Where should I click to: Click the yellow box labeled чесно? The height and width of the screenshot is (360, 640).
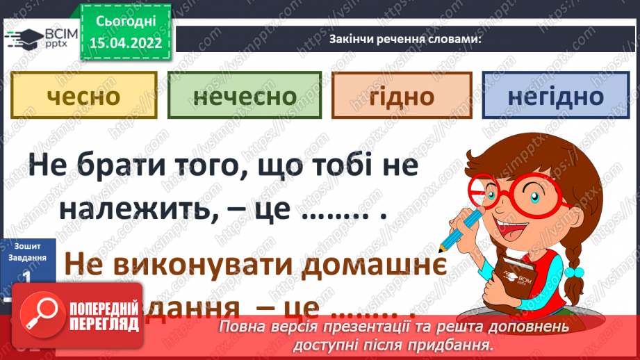click(83, 95)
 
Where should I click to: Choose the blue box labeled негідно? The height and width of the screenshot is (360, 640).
click(555, 95)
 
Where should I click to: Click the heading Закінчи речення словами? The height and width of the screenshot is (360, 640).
click(405, 38)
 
